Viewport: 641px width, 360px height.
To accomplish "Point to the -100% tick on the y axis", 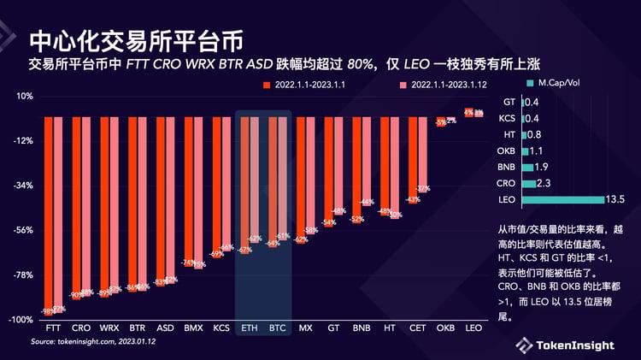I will [20, 320].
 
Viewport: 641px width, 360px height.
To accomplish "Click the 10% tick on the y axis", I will [23, 96].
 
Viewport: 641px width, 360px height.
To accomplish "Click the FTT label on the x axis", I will [53, 328].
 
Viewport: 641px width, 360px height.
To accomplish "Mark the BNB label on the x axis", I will [362, 328].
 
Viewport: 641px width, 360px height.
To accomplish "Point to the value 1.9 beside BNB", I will [542, 168].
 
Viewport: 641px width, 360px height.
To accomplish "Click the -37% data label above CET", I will [422, 188].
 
